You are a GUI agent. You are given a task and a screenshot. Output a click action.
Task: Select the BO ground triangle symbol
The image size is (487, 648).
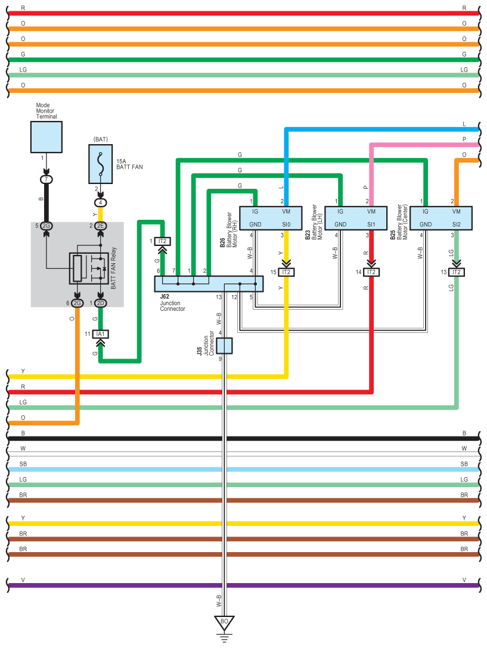pyautogui.click(x=224, y=622)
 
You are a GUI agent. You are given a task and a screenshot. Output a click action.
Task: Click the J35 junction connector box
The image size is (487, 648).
pyautogui.click(x=224, y=345)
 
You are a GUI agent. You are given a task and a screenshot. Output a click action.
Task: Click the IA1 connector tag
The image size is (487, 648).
pyautogui.click(x=100, y=334)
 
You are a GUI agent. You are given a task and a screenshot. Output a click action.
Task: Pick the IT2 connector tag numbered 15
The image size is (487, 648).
pyautogui.click(x=287, y=272)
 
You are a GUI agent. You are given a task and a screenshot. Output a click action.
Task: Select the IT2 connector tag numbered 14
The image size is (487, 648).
pyautogui.click(x=372, y=272)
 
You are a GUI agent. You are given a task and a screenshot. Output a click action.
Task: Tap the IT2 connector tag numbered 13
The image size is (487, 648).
pyautogui.click(x=457, y=272)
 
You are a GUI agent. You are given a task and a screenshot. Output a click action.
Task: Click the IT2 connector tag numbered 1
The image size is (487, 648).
pyautogui.click(x=162, y=241)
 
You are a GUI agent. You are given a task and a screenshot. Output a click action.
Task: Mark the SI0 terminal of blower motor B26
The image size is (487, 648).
pyautogui.click(x=286, y=225)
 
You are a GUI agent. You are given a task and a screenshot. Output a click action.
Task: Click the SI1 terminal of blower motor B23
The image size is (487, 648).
pyautogui.click(x=371, y=225)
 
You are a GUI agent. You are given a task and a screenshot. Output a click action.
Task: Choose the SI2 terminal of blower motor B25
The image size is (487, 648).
pyautogui.click(x=457, y=225)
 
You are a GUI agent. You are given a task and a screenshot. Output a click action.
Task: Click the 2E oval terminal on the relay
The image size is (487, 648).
pyautogui.click(x=100, y=226)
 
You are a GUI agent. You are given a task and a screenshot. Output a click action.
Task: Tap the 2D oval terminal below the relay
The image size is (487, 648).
pyautogui.click(x=100, y=303)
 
